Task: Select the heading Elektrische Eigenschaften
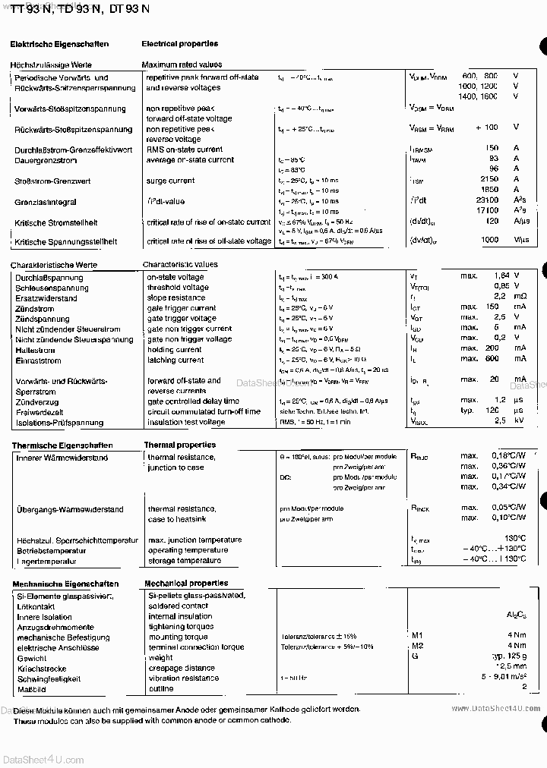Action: [x=59, y=45]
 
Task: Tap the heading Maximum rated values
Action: [x=182, y=65]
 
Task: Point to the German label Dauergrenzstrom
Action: [x=46, y=160]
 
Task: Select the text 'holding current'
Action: [x=175, y=350]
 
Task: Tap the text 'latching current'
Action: [x=175, y=360]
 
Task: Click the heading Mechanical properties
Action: [x=186, y=584]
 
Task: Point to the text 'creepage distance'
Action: [x=182, y=669]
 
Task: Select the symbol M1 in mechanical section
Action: [x=417, y=635]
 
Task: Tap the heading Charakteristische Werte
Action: [x=54, y=265]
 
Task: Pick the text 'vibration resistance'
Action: [x=184, y=678]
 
